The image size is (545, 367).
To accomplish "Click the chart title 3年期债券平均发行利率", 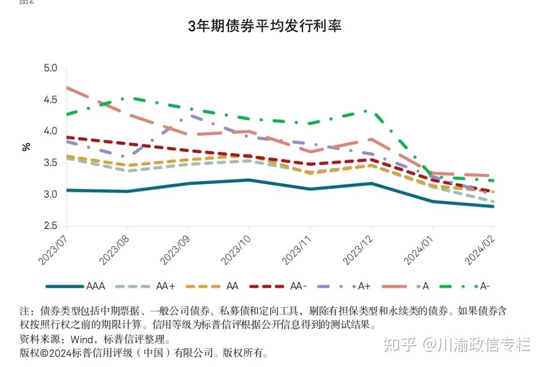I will (265, 26).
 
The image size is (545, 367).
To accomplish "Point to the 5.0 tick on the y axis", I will (51, 68).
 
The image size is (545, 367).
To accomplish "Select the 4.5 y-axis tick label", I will (51, 100).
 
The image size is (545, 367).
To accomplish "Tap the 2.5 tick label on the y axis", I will (51, 226).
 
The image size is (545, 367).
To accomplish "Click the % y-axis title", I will (26, 147).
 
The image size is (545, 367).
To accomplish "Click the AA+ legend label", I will (165, 286).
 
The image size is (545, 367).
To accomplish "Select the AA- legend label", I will (298, 286).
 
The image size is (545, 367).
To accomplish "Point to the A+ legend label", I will (364, 286).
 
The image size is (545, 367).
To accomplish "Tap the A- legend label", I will (485, 286).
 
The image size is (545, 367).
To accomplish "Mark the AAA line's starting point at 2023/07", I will (66, 190).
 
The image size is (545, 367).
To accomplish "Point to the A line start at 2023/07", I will (66, 87).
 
